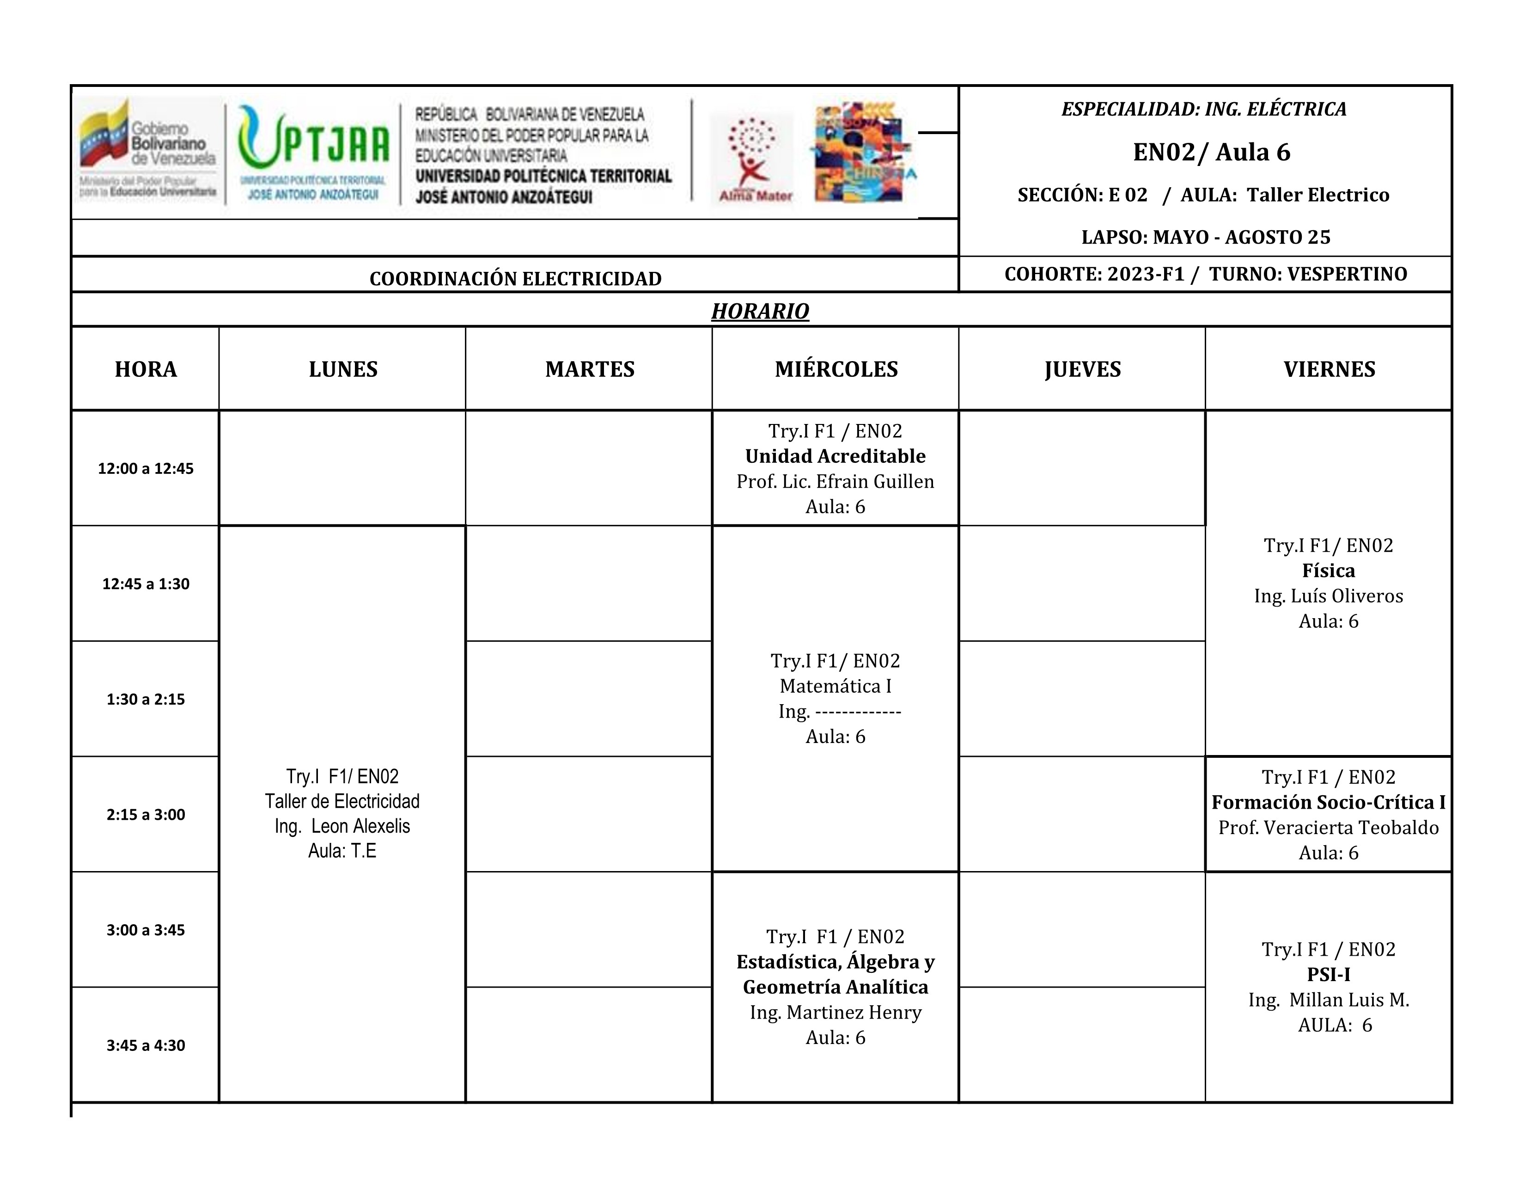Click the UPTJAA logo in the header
(313, 152)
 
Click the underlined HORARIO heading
(760, 311)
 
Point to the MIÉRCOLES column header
(836, 369)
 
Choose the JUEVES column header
(1082, 369)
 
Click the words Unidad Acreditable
(835, 456)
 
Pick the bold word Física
(1328, 571)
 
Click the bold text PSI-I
(1328, 974)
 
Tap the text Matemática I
(835, 686)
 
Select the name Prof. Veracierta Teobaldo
(1328, 828)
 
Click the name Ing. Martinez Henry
(835, 1012)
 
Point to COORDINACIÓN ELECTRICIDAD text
(515, 279)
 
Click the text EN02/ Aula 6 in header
(1212, 152)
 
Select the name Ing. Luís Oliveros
(1328, 596)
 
